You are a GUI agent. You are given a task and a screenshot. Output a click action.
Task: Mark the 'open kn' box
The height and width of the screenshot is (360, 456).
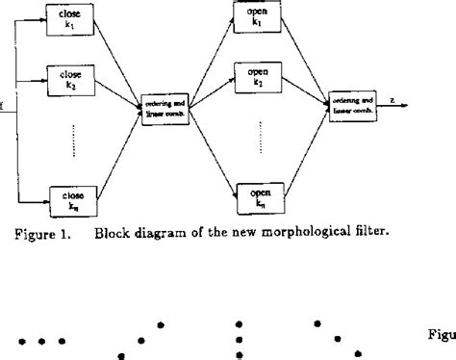coord(257,198)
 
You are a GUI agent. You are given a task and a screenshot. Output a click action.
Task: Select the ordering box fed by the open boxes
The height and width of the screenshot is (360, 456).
coord(353,102)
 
